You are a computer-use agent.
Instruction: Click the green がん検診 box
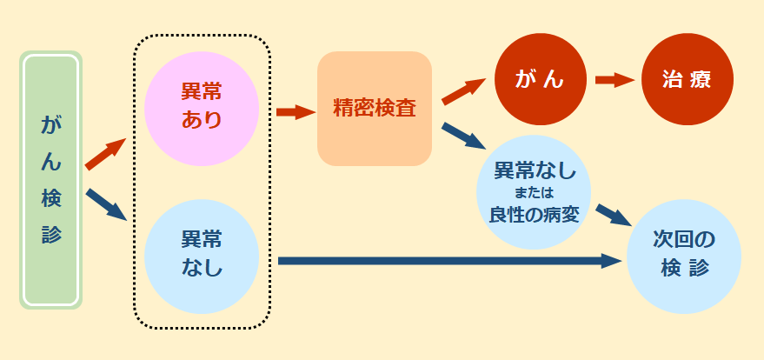click(x=50, y=180)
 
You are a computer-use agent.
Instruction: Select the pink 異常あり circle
click(x=202, y=109)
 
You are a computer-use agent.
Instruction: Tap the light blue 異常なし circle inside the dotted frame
click(x=202, y=257)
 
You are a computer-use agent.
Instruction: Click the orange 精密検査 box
click(x=375, y=109)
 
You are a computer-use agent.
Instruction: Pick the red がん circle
click(x=541, y=79)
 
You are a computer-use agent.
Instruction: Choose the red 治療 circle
click(x=687, y=79)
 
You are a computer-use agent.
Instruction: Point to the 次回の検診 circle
click(x=684, y=257)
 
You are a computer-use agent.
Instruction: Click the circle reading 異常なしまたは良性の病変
click(x=534, y=192)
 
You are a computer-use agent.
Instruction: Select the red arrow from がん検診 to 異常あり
click(x=106, y=154)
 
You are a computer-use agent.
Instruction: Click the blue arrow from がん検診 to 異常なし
click(x=106, y=204)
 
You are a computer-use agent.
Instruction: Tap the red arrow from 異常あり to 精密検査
click(x=296, y=112)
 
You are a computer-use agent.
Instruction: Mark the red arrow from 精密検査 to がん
click(x=464, y=90)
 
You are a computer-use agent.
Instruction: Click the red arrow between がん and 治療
click(x=615, y=79)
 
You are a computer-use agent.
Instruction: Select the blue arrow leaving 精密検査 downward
click(x=464, y=136)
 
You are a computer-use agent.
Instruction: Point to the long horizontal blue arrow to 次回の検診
click(x=450, y=260)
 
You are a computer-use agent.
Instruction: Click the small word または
click(x=534, y=193)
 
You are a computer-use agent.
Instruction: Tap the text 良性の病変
click(x=534, y=214)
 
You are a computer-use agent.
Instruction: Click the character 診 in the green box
click(x=51, y=234)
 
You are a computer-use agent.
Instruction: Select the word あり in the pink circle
click(x=202, y=120)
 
